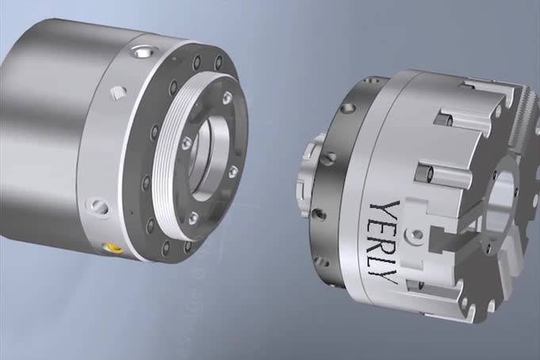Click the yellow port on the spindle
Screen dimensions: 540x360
click(113, 247)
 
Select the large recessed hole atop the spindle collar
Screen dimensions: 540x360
click(143, 52)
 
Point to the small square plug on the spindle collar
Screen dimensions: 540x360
click(117, 92)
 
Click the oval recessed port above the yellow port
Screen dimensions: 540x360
click(99, 206)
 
